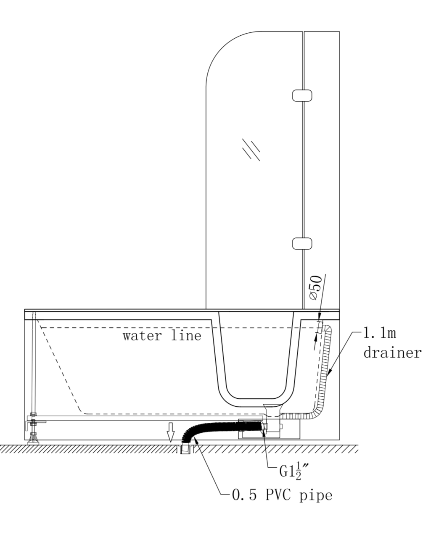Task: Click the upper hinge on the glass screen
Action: click(x=302, y=95)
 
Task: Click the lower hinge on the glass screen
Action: click(x=302, y=243)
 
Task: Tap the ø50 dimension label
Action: click(x=315, y=288)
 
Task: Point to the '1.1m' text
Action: click(x=379, y=334)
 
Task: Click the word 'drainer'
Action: click(x=392, y=353)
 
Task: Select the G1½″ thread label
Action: click(x=293, y=471)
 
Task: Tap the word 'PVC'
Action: click(x=280, y=495)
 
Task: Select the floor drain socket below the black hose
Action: click(x=186, y=450)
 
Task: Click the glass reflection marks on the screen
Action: click(x=251, y=149)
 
